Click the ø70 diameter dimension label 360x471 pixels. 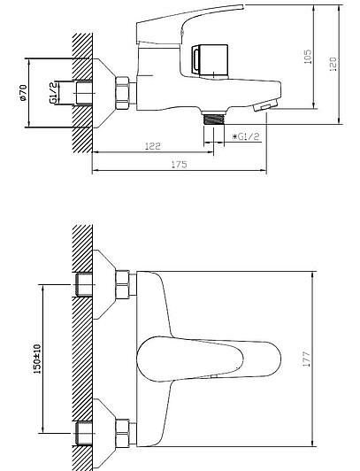tap(23, 93)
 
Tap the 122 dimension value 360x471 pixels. tap(153, 146)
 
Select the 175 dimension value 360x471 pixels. tap(179, 165)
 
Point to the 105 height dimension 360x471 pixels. tap(308, 57)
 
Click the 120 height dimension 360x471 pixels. tap(333, 64)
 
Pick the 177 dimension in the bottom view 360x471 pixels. tap(306, 359)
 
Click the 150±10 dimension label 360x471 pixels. tap(37, 359)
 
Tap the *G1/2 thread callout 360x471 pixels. tap(246, 136)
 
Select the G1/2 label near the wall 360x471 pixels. tap(53, 93)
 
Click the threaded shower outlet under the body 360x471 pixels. tap(213, 118)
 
